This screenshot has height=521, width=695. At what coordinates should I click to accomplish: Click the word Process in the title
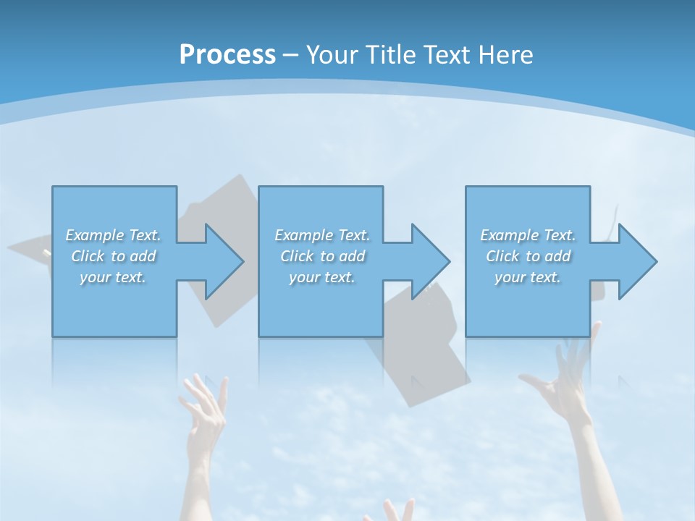[227, 55]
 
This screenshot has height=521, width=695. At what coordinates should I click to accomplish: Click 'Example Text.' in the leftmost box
[113, 235]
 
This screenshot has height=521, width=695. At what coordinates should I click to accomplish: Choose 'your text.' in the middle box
[321, 277]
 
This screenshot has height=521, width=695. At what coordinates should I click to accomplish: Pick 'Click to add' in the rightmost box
[528, 256]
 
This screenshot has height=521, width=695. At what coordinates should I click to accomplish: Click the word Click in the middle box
[296, 256]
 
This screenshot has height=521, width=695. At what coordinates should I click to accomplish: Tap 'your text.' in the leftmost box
[113, 277]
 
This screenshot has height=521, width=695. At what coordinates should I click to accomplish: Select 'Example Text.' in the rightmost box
[528, 235]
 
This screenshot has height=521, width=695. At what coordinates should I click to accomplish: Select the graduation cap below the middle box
[420, 362]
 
